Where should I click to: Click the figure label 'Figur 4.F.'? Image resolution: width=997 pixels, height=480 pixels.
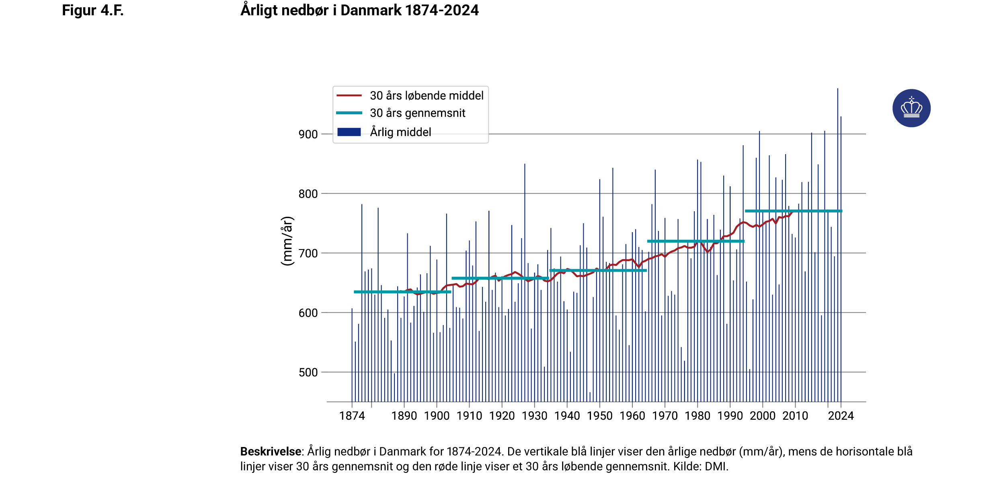92,10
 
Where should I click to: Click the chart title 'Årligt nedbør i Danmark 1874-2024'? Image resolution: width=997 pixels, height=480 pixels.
359,10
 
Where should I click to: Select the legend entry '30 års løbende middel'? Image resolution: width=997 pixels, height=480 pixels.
426,96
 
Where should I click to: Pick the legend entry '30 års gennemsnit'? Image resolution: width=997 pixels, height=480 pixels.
417,113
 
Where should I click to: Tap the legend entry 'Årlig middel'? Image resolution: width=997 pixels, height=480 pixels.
400,132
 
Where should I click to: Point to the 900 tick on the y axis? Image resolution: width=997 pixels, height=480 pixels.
308,134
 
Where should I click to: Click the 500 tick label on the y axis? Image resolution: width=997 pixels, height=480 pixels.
308,373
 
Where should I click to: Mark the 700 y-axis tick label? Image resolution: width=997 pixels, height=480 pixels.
308,253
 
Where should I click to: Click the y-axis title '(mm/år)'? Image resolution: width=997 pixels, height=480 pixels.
287,241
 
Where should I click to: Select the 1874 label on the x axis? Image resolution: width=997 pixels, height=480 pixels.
352,416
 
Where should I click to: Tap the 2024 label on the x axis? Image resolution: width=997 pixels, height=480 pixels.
841,416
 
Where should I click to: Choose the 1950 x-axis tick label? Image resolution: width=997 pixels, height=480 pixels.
600,416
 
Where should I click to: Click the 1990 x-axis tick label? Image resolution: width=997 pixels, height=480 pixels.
730,416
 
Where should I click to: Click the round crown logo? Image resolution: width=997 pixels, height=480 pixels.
911,108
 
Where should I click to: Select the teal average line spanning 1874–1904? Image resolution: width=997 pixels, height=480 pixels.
402,292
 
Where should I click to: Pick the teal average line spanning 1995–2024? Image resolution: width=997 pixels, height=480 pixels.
793,211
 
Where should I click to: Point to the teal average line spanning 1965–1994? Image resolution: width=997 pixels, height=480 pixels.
695,241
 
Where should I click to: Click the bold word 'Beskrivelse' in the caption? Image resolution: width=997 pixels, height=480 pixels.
271,452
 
